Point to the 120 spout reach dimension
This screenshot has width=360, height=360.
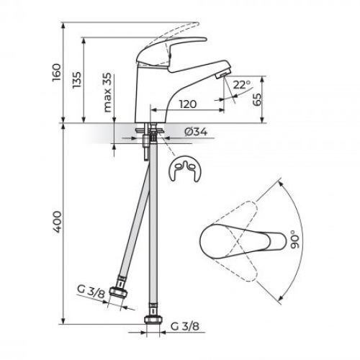click(x=188, y=104)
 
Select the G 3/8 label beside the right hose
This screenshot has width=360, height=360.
click(x=187, y=332)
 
